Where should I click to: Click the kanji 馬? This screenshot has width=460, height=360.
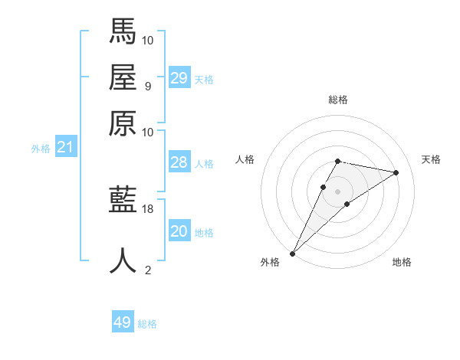pyautogui.click(x=123, y=31)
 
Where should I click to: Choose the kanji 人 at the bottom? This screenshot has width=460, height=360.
pyautogui.click(x=123, y=260)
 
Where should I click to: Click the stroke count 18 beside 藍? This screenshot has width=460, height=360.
pyautogui.click(x=148, y=208)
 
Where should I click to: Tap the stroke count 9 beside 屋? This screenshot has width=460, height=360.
pyautogui.click(x=148, y=86)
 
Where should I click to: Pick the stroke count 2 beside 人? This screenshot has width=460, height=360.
pyautogui.click(x=148, y=270)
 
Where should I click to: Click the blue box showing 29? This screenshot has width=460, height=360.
pyautogui.click(x=179, y=78)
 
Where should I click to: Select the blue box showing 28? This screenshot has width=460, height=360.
pyautogui.click(x=179, y=162)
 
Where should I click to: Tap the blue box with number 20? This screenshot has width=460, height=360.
pyautogui.click(x=179, y=231)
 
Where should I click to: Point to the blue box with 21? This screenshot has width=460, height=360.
pyautogui.click(x=64, y=147)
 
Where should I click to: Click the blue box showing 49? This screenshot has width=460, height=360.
pyautogui.click(x=123, y=322)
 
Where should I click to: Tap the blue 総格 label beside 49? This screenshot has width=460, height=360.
pyautogui.click(x=147, y=324)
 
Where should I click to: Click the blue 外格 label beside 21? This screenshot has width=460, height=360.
pyautogui.click(x=41, y=149)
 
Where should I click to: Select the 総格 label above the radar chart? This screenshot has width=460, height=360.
pyautogui.click(x=337, y=100)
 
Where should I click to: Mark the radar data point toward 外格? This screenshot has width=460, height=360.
pyautogui.click(x=293, y=253)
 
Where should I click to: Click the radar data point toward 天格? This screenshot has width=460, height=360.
pyautogui.click(x=396, y=172)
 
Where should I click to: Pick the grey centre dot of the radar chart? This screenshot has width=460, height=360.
pyautogui.click(x=337, y=191)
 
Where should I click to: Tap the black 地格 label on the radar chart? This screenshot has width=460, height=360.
pyautogui.click(x=402, y=262)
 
